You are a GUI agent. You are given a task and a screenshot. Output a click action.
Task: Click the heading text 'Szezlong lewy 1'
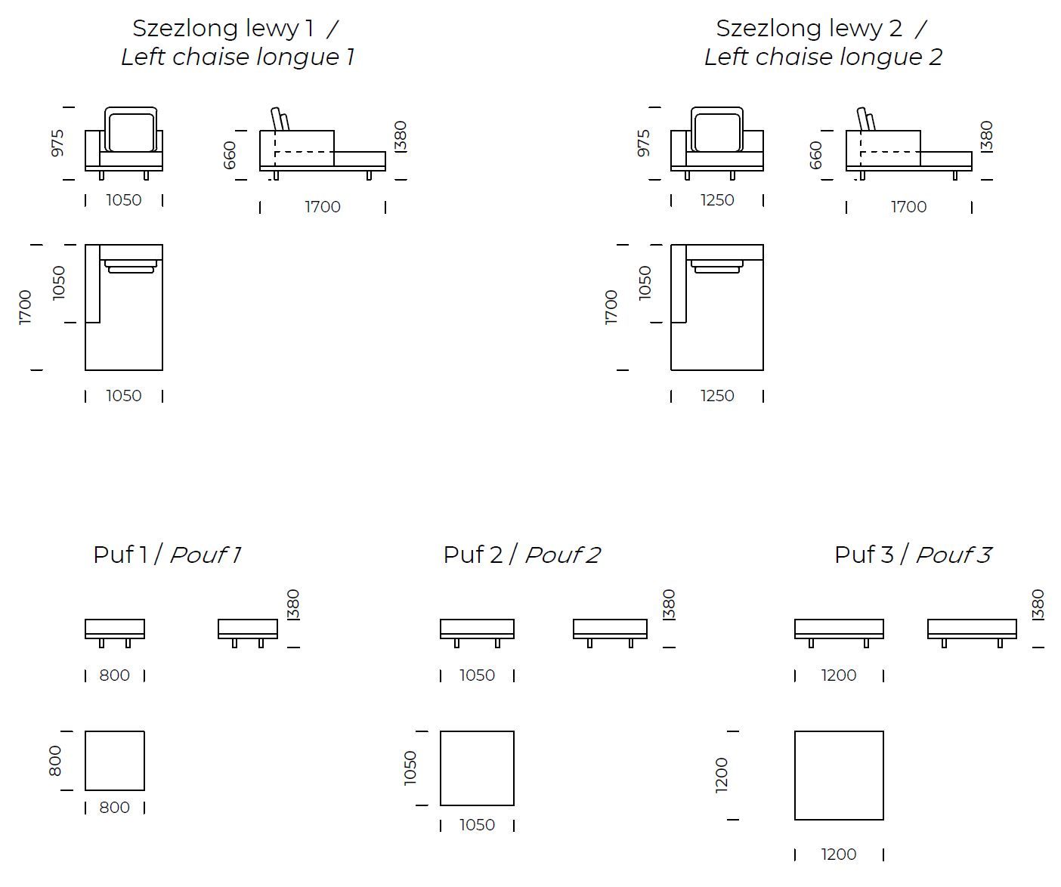[x=223, y=29]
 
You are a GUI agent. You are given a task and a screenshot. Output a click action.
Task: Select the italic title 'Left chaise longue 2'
[x=823, y=57]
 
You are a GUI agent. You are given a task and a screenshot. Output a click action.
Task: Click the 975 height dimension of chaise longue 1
[x=57, y=144]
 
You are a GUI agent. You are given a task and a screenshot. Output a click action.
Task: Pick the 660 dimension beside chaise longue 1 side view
[x=230, y=155]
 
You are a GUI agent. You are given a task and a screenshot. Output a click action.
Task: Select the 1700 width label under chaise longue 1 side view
[x=323, y=207]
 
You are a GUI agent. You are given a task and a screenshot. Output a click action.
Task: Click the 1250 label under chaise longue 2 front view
[x=716, y=200]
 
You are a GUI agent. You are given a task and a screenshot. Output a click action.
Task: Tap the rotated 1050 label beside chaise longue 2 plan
[x=645, y=283]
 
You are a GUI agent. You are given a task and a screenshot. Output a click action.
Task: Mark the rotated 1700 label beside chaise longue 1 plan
[x=25, y=308]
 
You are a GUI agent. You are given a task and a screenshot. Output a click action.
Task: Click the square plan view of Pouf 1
[x=115, y=761]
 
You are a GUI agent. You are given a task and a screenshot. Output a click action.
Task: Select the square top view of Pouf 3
[x=839, y=775]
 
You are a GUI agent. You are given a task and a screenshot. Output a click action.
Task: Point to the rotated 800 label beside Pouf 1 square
[x=55, y=761]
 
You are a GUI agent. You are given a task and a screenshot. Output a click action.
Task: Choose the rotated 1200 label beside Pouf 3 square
[x=722, y=775]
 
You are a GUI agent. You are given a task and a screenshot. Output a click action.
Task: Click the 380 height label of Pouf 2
[x=669, y=604]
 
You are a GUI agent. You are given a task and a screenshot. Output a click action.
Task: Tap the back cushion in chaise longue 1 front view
[x=131, y=131]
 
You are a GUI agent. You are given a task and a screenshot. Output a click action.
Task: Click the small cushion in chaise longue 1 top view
[x=131, y=266]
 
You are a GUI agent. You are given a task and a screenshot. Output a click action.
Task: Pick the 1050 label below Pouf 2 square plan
[x=477, y=825]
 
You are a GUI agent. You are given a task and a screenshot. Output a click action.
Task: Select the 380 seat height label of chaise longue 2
[x=986, y=136]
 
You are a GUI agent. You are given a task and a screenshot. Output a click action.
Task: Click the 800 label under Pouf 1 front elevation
[x=115, y=675]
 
